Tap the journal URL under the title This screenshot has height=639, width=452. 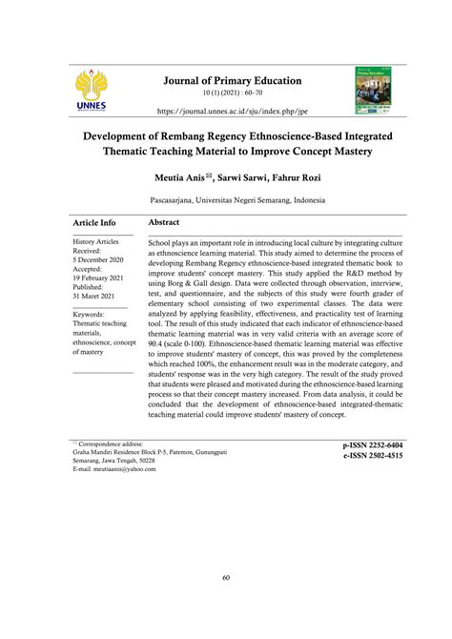(225, 111)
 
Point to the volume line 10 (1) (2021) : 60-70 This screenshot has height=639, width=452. (225, 93)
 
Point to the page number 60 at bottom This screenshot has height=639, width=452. (225, 577)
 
